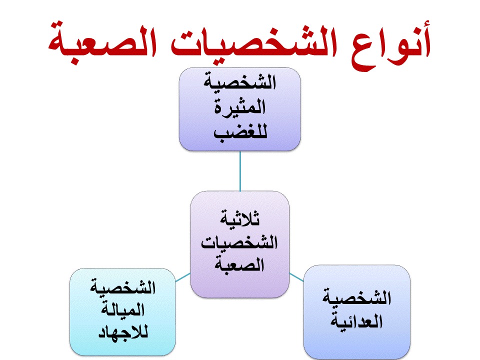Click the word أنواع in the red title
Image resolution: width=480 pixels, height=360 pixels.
[391, 46]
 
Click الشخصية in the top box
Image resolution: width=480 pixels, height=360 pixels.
[239, 82]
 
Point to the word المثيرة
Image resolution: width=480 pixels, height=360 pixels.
[239, 107]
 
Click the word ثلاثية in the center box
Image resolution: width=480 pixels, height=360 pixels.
[239, 218]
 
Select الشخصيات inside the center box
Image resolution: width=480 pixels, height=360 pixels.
[239, 242]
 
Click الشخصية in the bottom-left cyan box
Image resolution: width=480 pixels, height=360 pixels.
[123, 287]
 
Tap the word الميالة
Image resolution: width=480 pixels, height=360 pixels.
[123, 309]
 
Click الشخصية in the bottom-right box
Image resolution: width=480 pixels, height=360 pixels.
[356, 297]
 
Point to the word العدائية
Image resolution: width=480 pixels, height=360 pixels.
[356, 321]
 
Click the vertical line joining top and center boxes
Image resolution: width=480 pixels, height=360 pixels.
[240, 171]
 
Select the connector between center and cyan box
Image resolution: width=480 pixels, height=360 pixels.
[183, 277]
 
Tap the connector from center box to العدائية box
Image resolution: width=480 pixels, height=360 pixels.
[296, 277]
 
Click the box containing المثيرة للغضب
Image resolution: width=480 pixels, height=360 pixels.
[239, 109]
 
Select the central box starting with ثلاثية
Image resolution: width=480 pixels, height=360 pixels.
[239, 244]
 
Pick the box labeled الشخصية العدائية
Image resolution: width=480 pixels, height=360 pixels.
[356, 311]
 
